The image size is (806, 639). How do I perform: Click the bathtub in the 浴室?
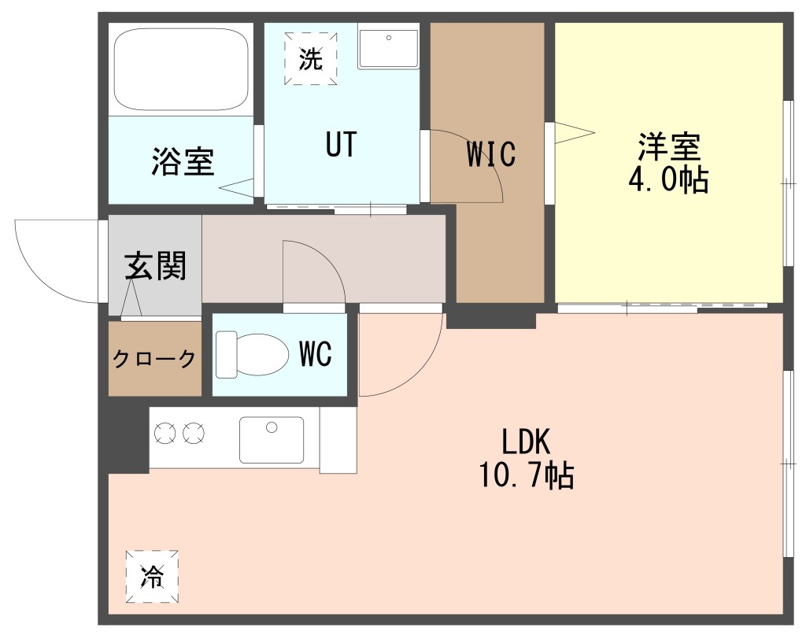(x=182, y=69)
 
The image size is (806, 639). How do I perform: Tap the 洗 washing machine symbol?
(x=311, y=58)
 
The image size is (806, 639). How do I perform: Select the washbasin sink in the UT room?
(x=389, y=48)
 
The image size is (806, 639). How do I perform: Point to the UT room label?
(x=341, y=144)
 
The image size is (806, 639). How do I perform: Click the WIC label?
(x=491, y=153)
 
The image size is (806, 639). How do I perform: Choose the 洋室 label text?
(x=669, y=147)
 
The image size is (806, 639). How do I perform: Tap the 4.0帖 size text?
(x=668, y=179)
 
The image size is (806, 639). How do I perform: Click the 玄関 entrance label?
(x=155, y=265)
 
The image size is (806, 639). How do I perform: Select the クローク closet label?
(x=154, y=358)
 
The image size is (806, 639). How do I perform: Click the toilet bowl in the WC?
(x=252, y=354)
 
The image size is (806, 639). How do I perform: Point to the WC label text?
(x=315, y=353)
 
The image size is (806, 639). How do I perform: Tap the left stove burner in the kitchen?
(x=165, y=433)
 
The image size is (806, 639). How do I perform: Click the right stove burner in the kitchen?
(x=194, y=433)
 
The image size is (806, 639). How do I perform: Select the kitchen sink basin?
(x=272, y=440)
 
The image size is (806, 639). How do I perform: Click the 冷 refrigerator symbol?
(x=152, y=576)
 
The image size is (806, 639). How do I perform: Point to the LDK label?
(x=526, y=441)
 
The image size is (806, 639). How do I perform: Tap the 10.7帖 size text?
(x=527, y=475)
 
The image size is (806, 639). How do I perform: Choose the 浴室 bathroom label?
(x=183, y=161)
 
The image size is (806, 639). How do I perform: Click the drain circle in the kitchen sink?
(x=272, y=427)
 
